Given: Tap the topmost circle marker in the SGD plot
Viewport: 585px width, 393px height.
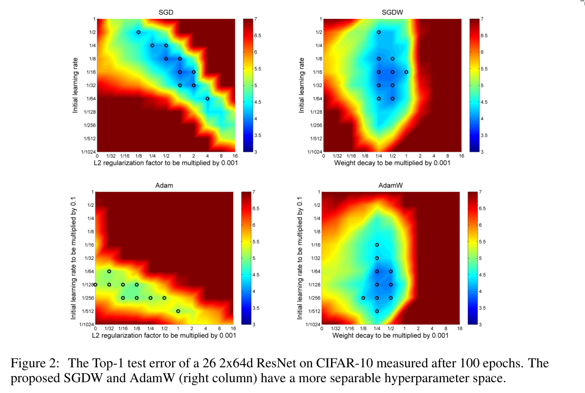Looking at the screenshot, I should pyautogui.click(x=138, y=32).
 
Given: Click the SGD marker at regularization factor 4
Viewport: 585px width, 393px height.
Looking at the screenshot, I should pyautogui.click(x=207, y=98).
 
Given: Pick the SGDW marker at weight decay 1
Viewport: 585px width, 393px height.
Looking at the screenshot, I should pyautogui.click(x=406, y=72).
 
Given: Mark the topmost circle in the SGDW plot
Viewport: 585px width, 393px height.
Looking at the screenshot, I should pyautogui.click(x=378, y=32).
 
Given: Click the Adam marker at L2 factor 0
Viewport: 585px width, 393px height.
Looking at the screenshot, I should pyautogui.click(x=95, y=284).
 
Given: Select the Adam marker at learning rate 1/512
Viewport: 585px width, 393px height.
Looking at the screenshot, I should pyautogui.click(x=178, y=311).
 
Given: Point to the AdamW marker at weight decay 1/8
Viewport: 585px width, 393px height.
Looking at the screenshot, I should pyautogui.click(x=363, y=298).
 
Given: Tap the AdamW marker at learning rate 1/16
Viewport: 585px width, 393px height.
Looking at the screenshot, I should pyautogui.click(x=377, y=245).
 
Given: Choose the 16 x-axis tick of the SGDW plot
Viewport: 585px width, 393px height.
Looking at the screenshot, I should pyautogui.click(x=461, y=155).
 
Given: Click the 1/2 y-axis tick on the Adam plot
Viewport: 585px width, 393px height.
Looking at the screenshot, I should pyautogui.click(x=91, y=206).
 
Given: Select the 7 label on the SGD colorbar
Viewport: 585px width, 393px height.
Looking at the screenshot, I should pyautogui.click(x=256, y=19).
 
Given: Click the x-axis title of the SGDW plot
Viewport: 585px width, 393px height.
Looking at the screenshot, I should pyautogui.click(x=392, y=163).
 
